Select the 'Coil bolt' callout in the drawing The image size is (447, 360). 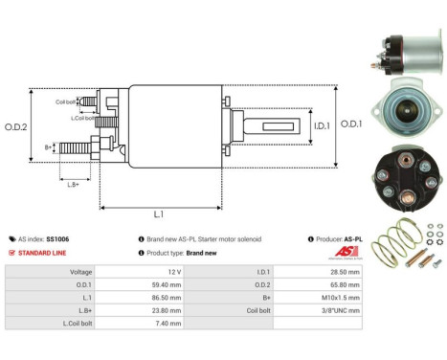pos(65,101)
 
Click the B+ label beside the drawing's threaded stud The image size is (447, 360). pos(49,146)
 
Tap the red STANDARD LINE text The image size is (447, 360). pos(44,253)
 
